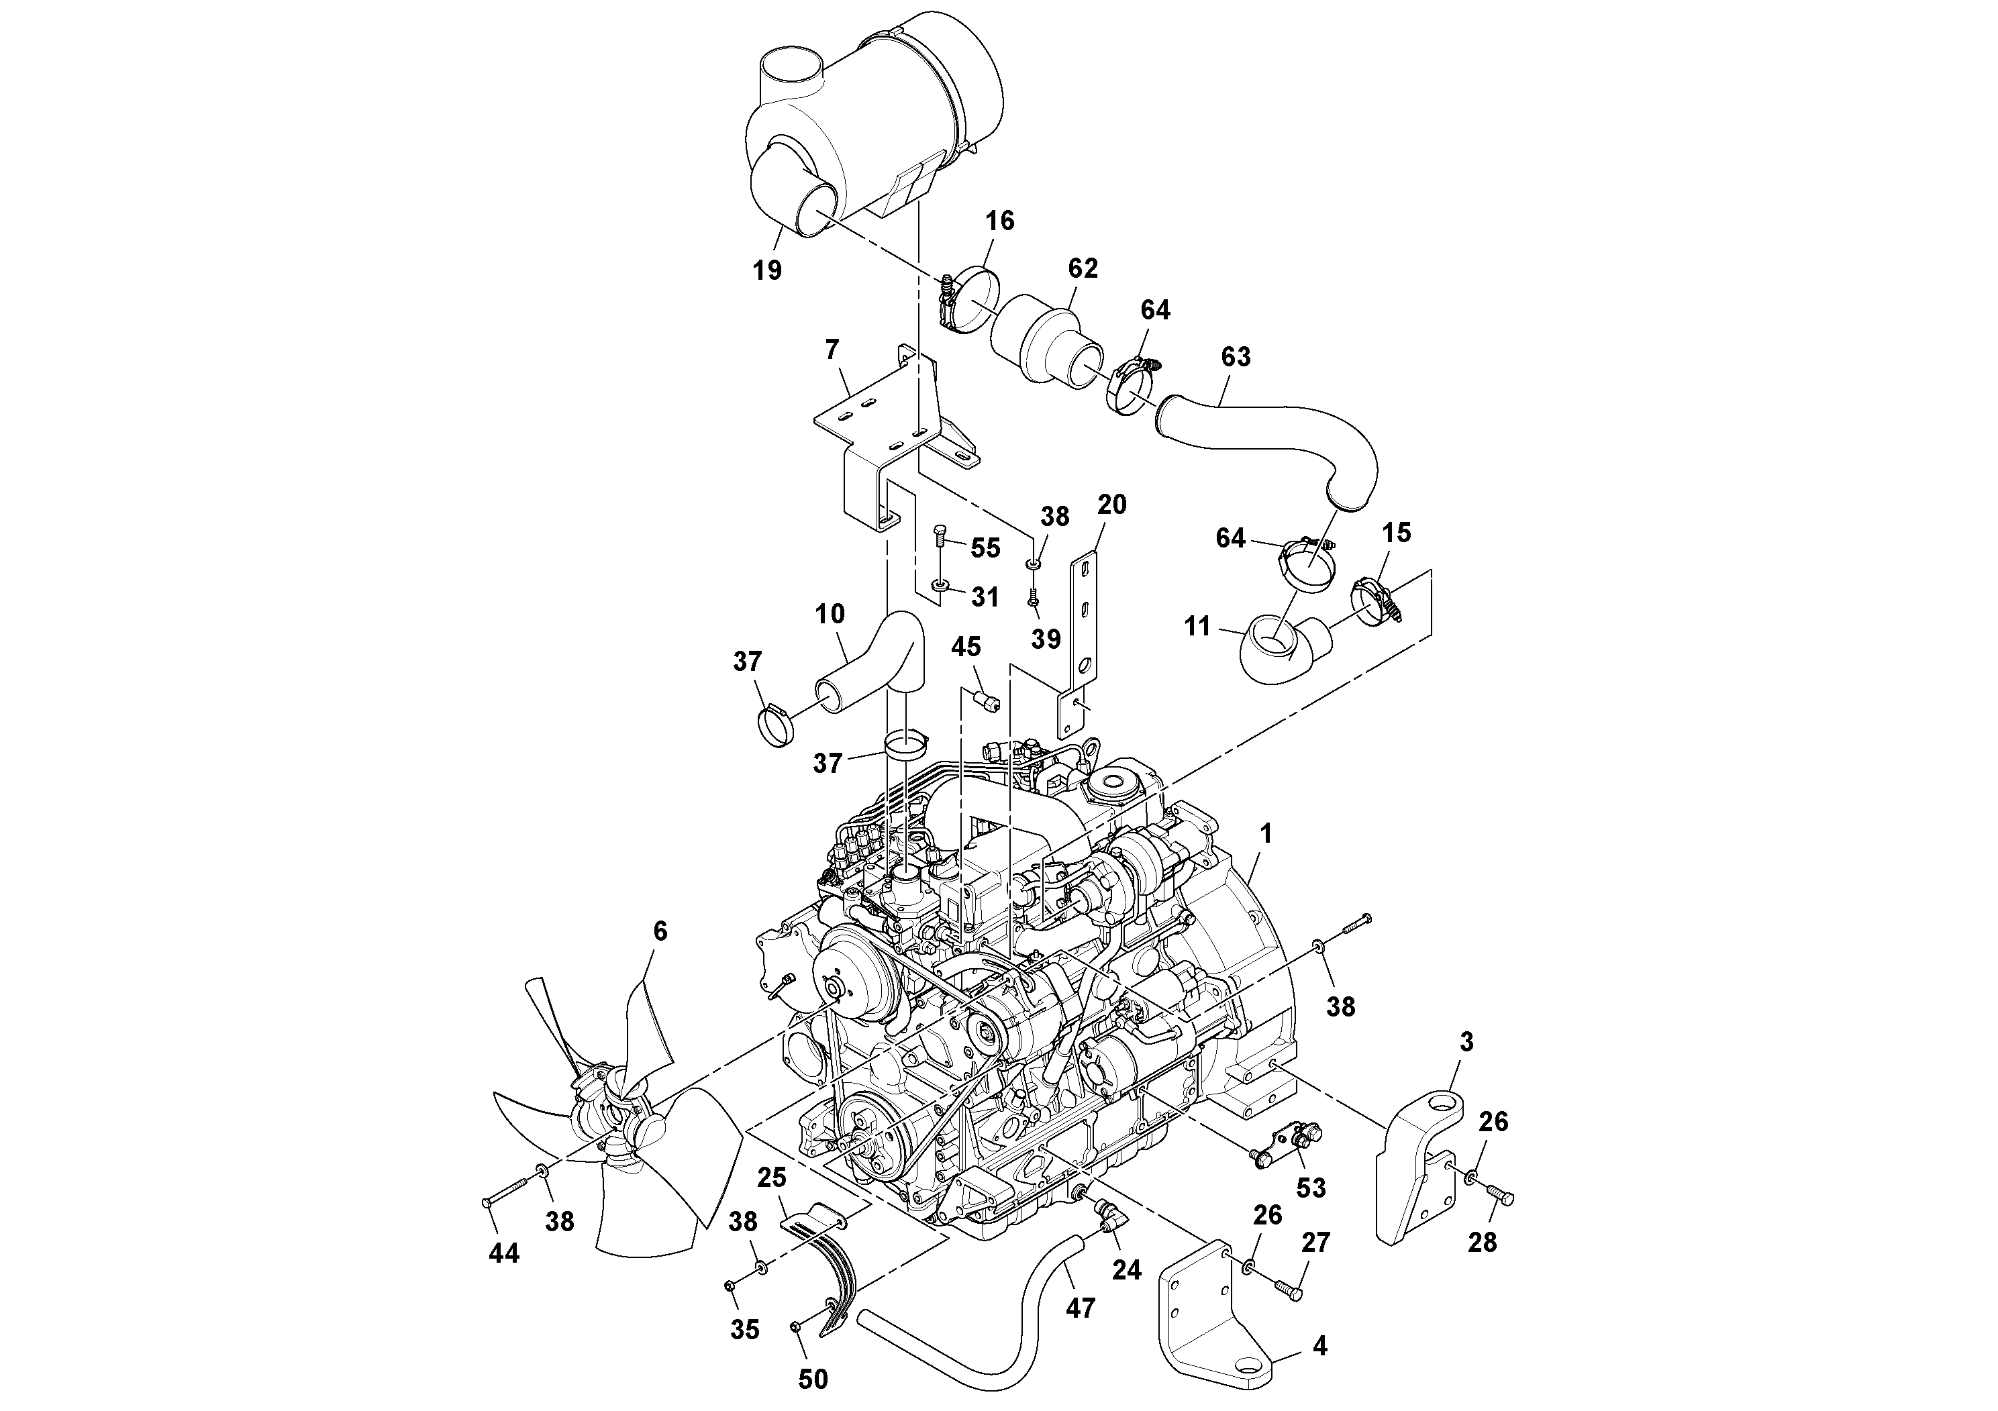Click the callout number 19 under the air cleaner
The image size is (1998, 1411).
[766, 270]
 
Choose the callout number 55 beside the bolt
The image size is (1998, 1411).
[985, 547]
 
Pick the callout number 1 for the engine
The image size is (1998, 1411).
[1266, 833]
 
